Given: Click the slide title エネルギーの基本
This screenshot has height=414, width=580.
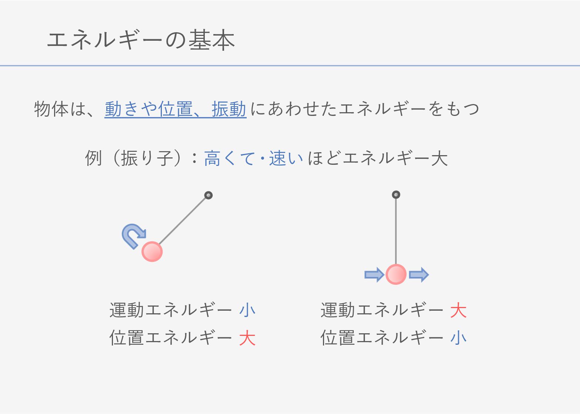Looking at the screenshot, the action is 141,40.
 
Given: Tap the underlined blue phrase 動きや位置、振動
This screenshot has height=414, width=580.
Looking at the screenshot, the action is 175,109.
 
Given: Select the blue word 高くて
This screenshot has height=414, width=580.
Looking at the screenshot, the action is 229,158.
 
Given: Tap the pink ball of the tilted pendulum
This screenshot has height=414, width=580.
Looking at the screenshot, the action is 152,252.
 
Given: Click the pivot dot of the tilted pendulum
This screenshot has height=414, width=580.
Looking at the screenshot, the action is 209,195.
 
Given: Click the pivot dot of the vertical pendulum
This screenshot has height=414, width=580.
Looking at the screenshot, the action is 396,195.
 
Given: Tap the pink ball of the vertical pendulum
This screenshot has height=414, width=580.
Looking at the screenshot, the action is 396,274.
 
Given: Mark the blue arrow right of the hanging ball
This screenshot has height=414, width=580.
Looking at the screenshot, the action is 419,274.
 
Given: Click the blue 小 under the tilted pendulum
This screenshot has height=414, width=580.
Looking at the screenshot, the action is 247,310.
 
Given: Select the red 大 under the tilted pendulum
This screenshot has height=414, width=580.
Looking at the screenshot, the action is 247,338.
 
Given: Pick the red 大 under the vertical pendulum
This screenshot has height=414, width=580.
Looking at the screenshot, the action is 458,310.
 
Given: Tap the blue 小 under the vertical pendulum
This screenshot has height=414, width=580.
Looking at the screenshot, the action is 458,338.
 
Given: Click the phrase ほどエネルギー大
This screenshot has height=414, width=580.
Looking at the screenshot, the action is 377,158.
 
